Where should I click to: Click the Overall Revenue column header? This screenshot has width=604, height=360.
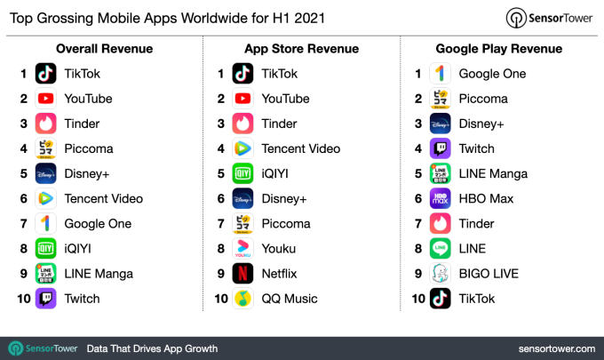[x=104, y=49]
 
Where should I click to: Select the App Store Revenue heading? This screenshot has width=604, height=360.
[x=301, y=49]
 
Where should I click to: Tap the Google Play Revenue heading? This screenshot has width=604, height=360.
[x=499, y=49]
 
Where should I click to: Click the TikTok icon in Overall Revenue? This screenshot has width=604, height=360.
[x=46, y=74]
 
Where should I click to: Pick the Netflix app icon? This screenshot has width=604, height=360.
[x=243, y=274]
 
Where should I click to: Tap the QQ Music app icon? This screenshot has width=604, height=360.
[x=243, y=299]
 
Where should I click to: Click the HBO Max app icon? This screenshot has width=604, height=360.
[x=441, y=198]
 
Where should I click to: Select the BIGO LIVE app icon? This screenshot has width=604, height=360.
[x=441, y=274]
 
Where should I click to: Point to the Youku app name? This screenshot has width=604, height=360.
[x=280, y=249]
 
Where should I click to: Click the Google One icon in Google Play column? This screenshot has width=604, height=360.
[x=441, y=74]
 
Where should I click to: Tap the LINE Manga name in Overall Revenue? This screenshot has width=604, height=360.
[x=99, y=274]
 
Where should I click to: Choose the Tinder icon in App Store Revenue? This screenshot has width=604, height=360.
[x=243, y=124]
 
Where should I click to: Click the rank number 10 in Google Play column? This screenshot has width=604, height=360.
[x=418, y=299]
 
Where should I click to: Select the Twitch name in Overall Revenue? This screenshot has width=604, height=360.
[x=83, y=299]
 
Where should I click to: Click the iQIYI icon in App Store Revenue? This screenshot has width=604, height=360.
[x=243, y=173]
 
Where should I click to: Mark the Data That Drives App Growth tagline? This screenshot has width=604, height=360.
[x=152, y=348]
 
